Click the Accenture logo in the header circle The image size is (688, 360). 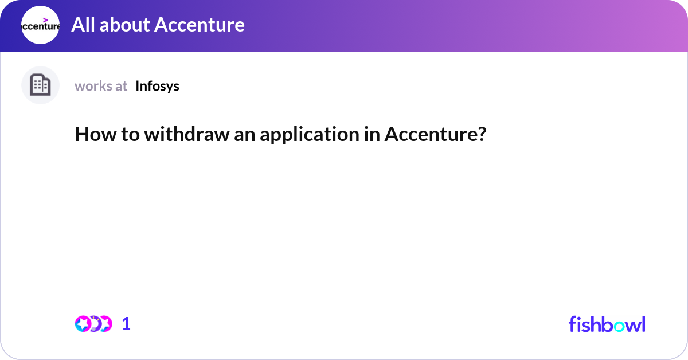pyautogui.click(x=40, y=25)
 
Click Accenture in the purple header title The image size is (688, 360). pyautogui.click(x=200, y=25)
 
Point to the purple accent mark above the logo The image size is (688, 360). pyautogui.click(x=46, y=19)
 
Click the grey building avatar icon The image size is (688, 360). pyautogui.click(x=40, y=85)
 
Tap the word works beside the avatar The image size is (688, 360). pyautogui.click(x=93, y=86)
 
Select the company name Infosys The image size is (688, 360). pyautogui.click(x=157, y=86)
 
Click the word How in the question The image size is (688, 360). pyautogui.click(x=91, y=135)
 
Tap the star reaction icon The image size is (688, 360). pyautogui.click(x=83, y=324)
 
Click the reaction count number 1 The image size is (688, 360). pyautogui.click(x=126, y=324)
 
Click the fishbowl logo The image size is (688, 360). pyautogui.click(x=607, y=324)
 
